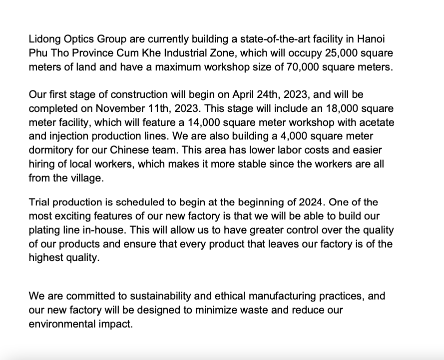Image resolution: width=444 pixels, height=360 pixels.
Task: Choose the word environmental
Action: tap(65, 324)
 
